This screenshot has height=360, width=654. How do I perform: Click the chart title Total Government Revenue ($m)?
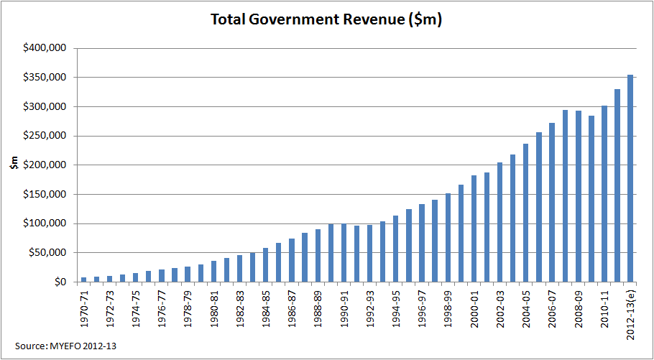[326, 20]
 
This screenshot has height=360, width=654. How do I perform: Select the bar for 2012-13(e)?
[630, 178]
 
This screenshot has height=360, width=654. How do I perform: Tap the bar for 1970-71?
[84, 280]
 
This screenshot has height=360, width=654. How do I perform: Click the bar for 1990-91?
[344, 253]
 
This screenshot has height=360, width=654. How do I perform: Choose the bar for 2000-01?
[474, 229]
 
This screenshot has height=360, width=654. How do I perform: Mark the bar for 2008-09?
[578, 196]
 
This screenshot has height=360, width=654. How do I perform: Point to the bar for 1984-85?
[266, 265]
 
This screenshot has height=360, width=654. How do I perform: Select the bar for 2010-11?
[604, 194]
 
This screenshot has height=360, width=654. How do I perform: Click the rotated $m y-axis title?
[14, 165]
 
